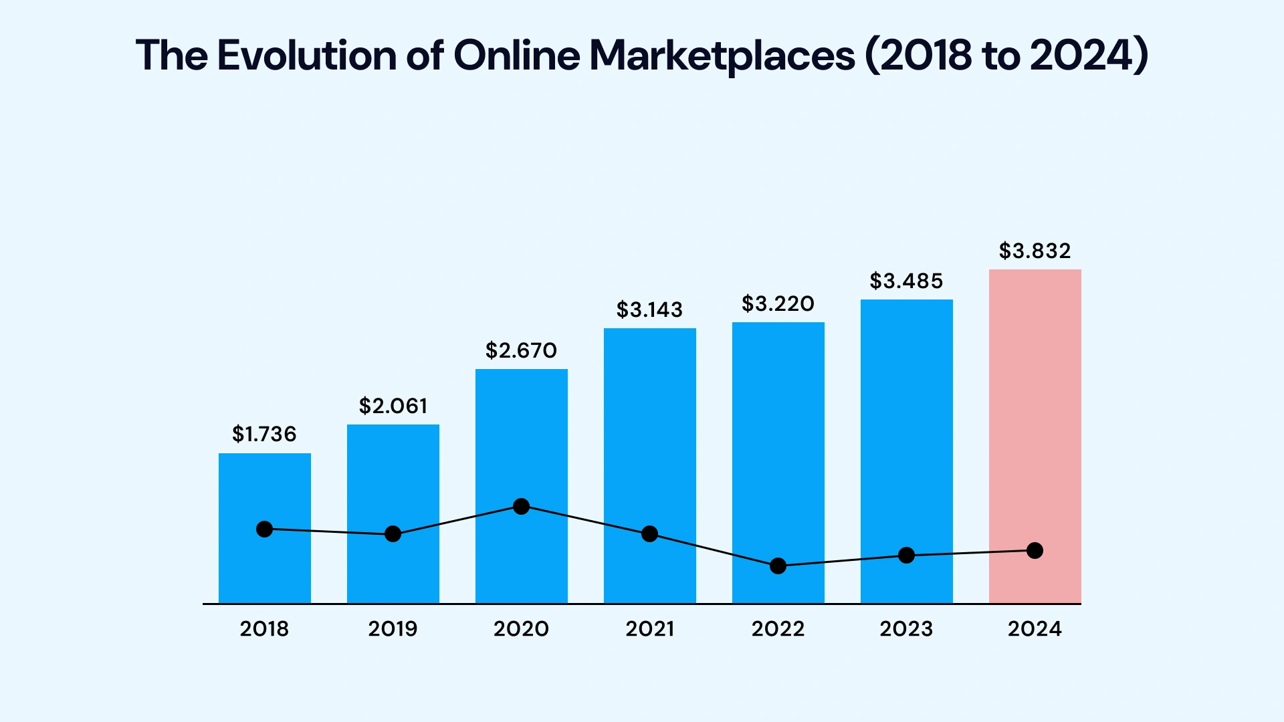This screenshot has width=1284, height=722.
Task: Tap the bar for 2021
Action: (649, 435)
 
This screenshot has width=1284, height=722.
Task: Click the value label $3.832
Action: (1035, 251)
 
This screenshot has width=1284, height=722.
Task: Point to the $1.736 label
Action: (264, 435)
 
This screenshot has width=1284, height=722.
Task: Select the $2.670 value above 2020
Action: (521, 351)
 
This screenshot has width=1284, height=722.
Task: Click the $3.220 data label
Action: (778, 304)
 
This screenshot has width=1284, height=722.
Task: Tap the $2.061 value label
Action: (393, 406)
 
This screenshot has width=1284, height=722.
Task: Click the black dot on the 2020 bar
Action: (521, 507)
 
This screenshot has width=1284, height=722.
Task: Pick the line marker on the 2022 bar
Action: (778, 566)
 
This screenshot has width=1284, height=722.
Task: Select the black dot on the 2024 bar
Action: (1035, 551)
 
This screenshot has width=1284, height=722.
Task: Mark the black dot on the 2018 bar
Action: (264, 529)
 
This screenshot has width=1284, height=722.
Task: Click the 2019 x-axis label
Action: (393, 629)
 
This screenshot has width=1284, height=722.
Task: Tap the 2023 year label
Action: (906, 629)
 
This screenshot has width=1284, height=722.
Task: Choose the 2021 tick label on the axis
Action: (649, 629)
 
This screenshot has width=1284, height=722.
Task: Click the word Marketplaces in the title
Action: (722, 55)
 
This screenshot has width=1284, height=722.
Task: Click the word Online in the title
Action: (516, 55)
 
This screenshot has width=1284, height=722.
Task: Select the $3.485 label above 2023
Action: (906, 281)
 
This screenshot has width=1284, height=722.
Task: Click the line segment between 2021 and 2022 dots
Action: (714, 550)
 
